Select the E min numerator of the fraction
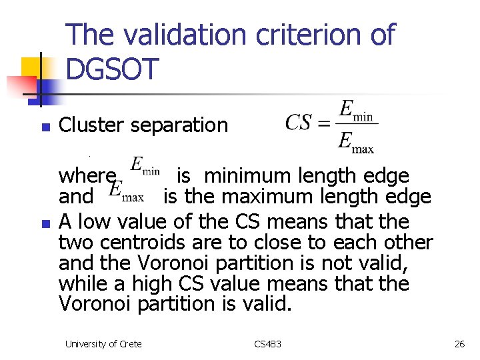click(x=357, y=110)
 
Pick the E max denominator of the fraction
click(x=357, y=141)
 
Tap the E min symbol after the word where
click(x=144, y=167)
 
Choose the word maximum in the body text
click(x=303, y=197)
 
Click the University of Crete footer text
click(x=103, y=344)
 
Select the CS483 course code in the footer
click(x=268, y=344)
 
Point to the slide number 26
click(x=459, y=344)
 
